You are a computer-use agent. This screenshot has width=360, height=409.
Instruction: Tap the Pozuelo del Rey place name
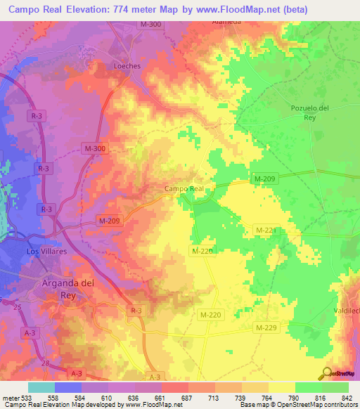[x=310, y=112]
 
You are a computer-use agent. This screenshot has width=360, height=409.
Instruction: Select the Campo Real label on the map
[x=184, y=188]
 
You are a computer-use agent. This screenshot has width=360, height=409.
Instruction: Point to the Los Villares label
[x=46, y=251]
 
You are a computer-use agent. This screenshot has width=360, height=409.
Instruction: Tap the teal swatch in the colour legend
[x=41, y=387]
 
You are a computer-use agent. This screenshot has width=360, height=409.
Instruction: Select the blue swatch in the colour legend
[x=68, y=387]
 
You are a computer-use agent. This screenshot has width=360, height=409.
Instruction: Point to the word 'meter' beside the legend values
[x=11, y=398]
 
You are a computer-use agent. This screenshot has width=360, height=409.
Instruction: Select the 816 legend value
[x=321, y=398]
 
